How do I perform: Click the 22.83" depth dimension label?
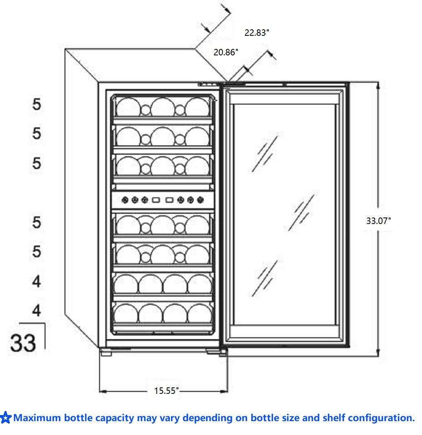[257, 33]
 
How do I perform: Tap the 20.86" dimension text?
[226, 52]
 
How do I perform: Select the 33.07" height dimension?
[378, 221]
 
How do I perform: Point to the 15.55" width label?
[166, 391]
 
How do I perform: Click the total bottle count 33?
[23, 343]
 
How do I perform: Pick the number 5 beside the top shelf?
[37, 105]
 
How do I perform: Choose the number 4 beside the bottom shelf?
[37, 311]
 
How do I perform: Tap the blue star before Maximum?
[6, 418]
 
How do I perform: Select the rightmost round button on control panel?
[200, 200]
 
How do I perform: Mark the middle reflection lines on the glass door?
[303, 212]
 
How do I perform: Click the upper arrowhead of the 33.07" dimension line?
[378, 85]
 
